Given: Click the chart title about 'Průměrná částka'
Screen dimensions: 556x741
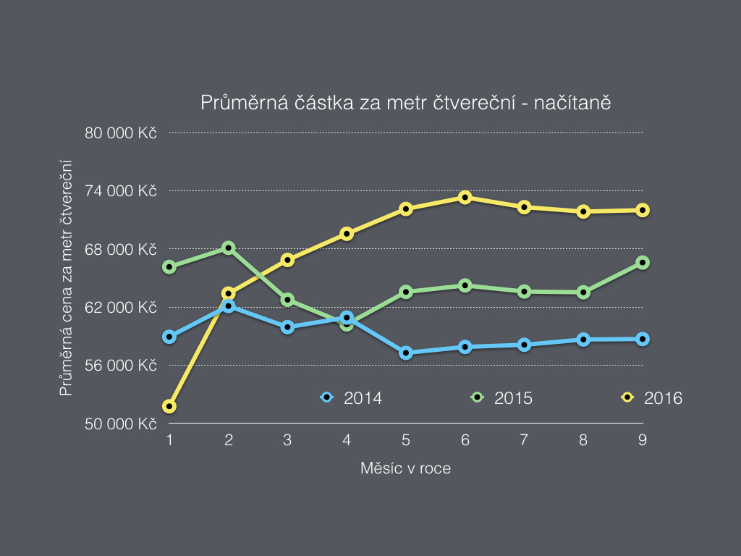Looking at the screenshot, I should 407,103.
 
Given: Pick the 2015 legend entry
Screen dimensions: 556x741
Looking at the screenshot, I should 501,397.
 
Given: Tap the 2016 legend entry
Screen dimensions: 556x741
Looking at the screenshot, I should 652,397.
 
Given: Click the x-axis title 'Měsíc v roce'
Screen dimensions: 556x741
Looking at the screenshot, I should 405,468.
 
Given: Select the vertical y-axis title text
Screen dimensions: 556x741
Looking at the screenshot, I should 67,279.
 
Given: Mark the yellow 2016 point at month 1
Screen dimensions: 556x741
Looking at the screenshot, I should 169,406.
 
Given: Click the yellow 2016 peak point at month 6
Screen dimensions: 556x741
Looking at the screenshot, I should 465,197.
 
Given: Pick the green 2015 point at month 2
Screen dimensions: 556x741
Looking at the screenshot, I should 229,248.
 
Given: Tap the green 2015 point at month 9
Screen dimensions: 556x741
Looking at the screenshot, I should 642,262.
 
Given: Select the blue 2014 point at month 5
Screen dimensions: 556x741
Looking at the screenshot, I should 406,353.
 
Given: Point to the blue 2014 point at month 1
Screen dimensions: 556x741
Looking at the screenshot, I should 169,337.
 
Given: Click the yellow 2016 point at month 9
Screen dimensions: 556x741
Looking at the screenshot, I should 642,210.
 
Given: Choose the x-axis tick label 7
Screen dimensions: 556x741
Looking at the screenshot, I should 524,440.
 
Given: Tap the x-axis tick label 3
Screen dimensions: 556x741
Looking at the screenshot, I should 287,440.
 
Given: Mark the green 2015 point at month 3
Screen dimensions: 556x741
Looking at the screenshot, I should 288,299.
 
